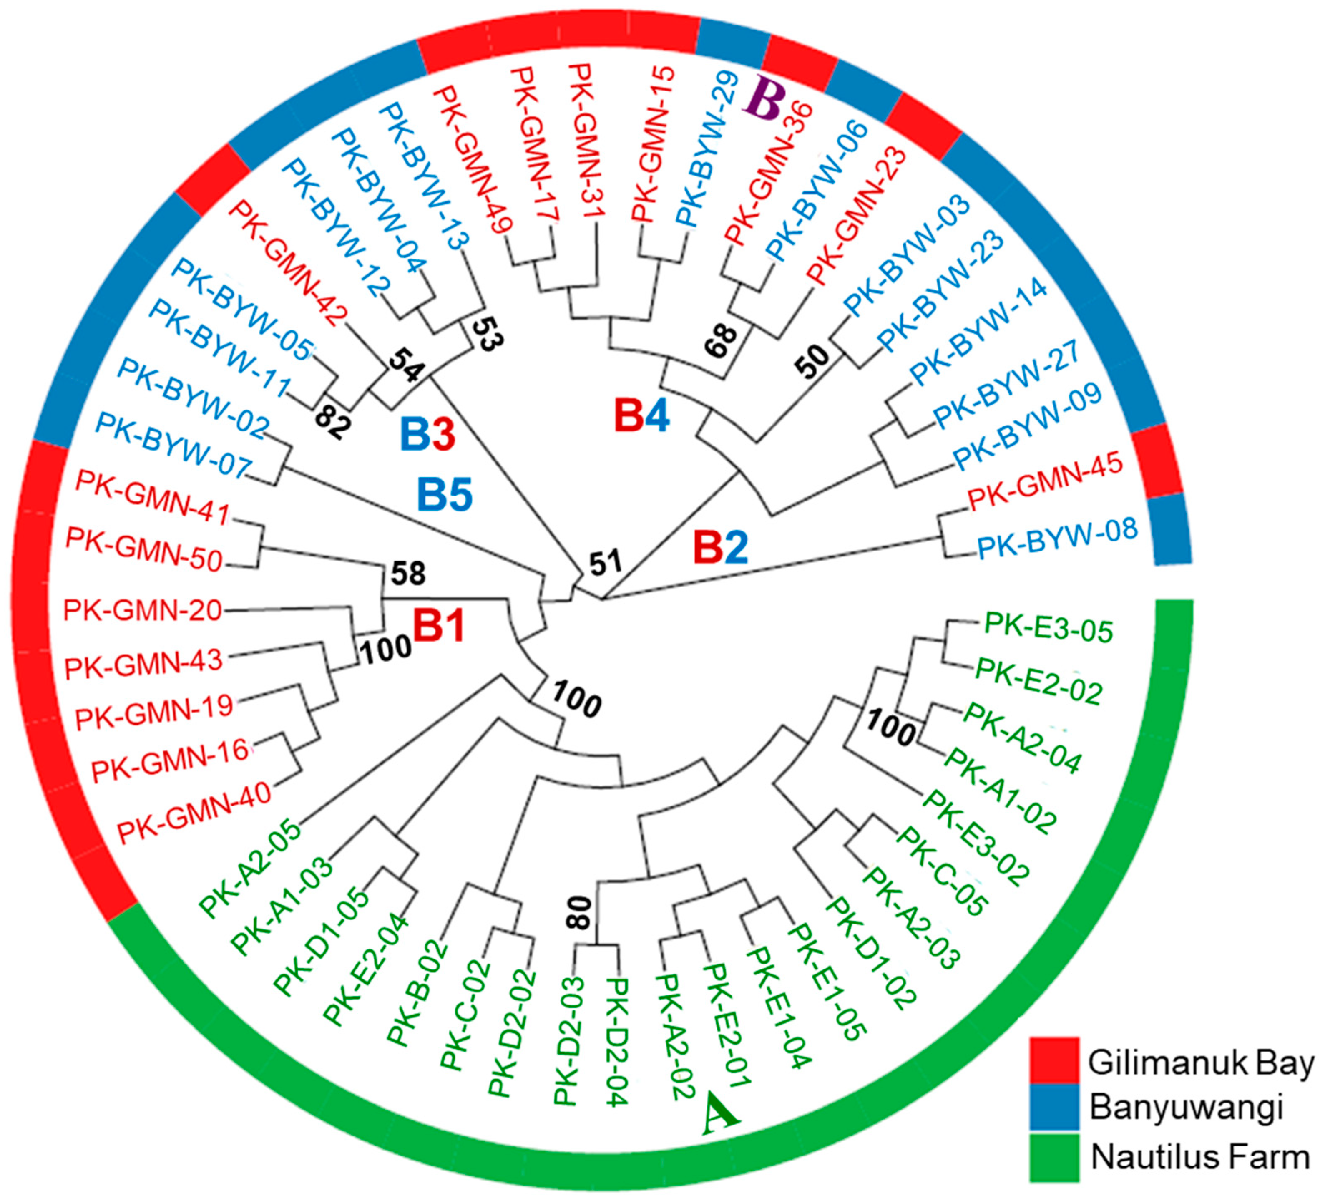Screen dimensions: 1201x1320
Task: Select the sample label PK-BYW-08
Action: pyautogui.click(x=1057, y=538)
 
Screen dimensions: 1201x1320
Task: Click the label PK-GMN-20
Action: pyautogui.click(x=143, y=611)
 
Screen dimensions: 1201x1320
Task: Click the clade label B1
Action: pyautogui.click(x=439, y=625)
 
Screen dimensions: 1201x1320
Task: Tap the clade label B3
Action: pyautogui.click(x=427, y=434)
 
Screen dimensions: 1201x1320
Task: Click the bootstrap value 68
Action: pyautogui.click(x=721, y=340)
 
